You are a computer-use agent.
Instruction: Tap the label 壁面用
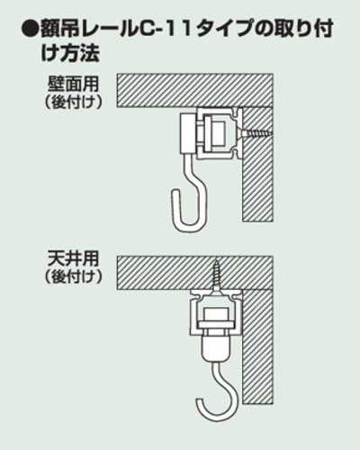(x=73, y=85)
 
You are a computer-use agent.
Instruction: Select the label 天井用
(x=73, y=258)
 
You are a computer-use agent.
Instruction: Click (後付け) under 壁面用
(x=74, y=103)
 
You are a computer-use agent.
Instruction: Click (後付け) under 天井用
(x=74, y=276)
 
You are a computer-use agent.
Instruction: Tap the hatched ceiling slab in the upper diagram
(x=195, y=90)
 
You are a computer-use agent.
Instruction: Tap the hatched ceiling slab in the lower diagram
(x=195, y=273)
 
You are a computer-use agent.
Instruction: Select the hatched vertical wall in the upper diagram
(x=257, y=165)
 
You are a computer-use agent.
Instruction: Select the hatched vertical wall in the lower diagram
(x=257, y=346)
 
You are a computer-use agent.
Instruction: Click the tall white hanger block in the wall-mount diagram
(x=188, y=134)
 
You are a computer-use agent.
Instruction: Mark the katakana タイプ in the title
(x=223, y=30)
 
